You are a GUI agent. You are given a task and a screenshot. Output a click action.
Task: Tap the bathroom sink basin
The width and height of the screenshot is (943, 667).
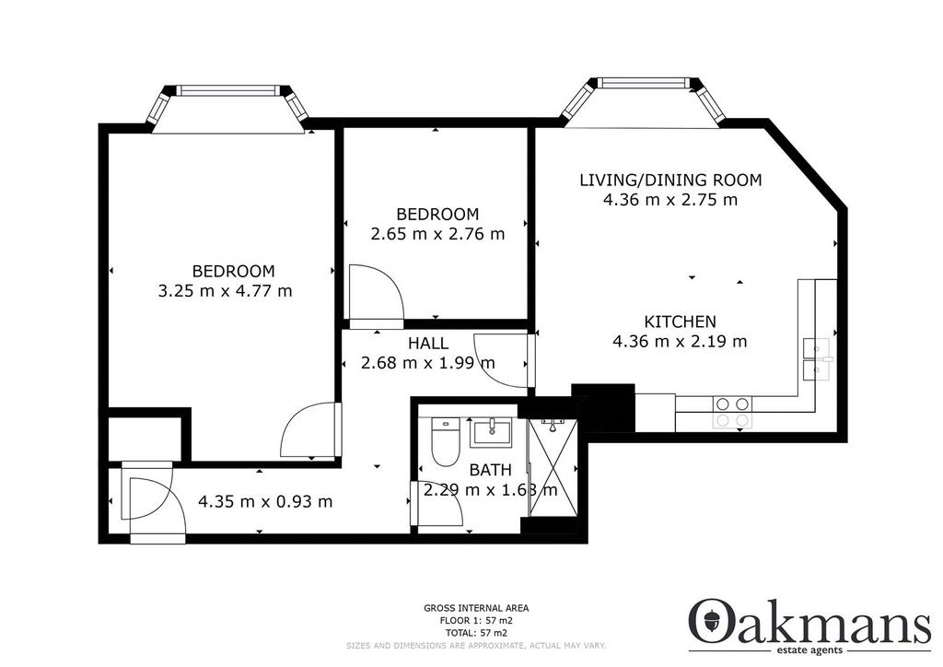tap(492, 432)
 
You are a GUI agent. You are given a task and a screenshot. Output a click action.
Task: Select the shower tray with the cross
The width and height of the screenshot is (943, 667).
tap(553, 468)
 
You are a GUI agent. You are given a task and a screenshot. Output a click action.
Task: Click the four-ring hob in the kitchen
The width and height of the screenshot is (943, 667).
tap(732, 412)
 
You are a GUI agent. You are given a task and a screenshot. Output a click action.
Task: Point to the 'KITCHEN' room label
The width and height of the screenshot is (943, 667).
tap(681, 322)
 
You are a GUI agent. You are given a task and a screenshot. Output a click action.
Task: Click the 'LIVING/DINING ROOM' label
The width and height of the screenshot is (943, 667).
tap(670, 180)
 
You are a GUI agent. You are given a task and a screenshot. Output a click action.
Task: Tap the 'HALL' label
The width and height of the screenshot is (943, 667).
tap(428, 344)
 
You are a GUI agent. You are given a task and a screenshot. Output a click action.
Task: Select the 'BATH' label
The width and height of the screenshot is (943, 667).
tap(491, 470)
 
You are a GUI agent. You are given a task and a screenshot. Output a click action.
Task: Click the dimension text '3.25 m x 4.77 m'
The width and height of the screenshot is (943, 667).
tap(225, 291)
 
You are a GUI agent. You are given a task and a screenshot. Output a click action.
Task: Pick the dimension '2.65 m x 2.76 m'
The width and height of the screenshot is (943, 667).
tap(437, 234)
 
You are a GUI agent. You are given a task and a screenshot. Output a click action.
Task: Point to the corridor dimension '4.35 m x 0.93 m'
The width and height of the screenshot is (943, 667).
tap(265, 501)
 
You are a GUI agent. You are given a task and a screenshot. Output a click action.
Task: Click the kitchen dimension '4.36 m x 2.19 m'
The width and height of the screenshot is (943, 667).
tap(680, 342)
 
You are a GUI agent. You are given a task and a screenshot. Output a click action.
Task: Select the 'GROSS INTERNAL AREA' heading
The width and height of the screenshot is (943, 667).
tap(476, 609)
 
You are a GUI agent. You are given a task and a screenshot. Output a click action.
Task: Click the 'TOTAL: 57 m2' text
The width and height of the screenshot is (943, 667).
tap(476, 633)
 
